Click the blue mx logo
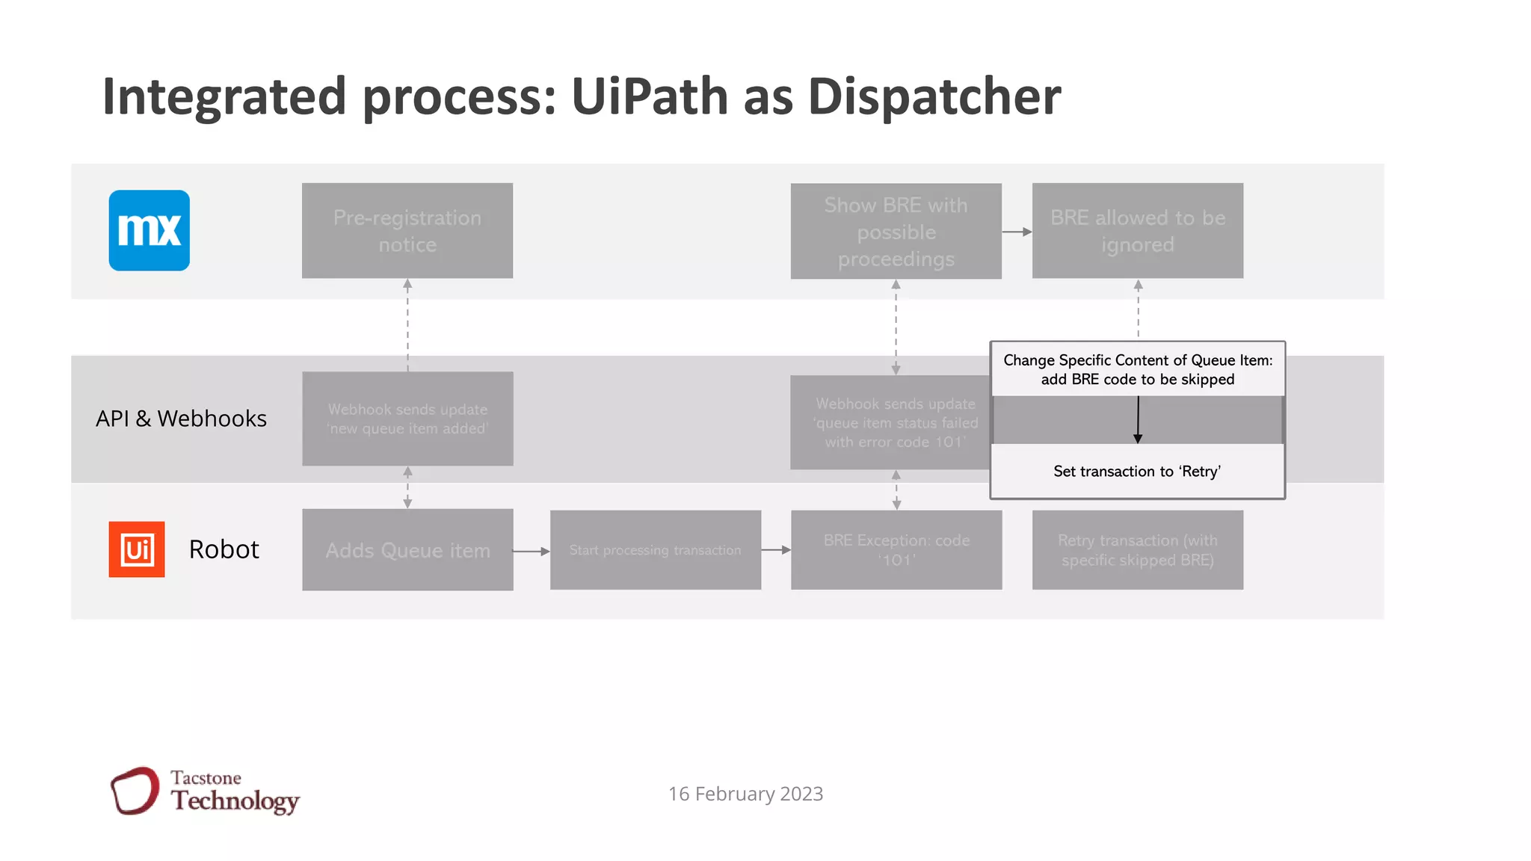[x=149, y=230]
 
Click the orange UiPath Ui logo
[x=137, y=549]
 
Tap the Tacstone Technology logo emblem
[x=135, y=791]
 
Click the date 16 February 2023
[x=745, y=794]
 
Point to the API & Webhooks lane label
[x=181, y=419]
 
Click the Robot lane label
[x=224, y=549]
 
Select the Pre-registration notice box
[x=407, y=231]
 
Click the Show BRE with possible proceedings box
[x=896, y=232]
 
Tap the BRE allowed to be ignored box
[x=1137, y=231]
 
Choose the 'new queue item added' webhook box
[x=407, y=419]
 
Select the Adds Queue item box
[x=407, y=550]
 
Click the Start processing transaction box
[x=655, y=550]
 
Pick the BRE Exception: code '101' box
[x=896, y=550]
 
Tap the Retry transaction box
[x=1137, y=550]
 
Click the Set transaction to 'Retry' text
[x=1136, y=472]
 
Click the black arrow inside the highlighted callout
[x=1138, y=420]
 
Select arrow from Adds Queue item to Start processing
[x=532, y=552]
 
